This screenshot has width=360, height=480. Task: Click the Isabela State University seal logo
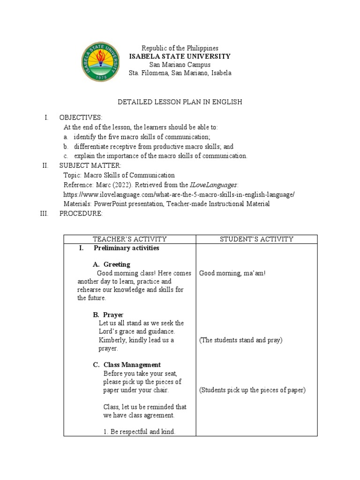[x=102, y=61]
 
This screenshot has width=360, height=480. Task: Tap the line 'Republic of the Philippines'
[x=180, y=48]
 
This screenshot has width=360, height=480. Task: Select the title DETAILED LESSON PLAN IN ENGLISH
[x=180, y=102]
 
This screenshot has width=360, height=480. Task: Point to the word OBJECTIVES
[x=80, y=117]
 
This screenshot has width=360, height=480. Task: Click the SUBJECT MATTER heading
[x=90, y=165]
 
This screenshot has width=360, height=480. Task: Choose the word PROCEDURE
[x=81, y=214]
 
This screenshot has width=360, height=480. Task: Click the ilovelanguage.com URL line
[x=179, y=194]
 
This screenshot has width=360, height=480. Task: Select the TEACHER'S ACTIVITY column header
[x=129, y=239]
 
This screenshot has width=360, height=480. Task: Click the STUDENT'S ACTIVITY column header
[x=256, y=239]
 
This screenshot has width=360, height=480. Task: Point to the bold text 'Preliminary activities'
[x=126, y=248]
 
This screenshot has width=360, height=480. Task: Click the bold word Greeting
[x=117, y=264]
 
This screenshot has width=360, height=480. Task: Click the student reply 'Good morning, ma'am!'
[x=232, y=273]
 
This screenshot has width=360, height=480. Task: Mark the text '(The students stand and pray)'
[x=240, y=340]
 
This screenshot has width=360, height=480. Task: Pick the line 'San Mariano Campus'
[x=180, y=65]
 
